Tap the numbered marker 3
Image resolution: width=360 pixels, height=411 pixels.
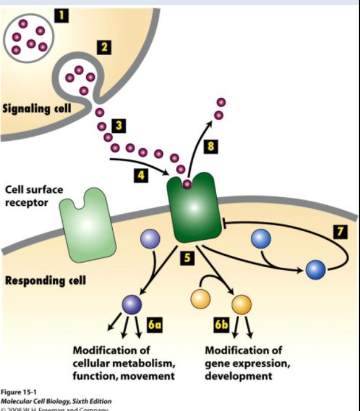pos(118,125)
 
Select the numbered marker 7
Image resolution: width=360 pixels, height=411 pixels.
pos(342,231)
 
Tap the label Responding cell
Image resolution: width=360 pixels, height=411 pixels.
pos(45,282)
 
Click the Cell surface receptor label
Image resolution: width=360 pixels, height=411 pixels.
pos(34,197)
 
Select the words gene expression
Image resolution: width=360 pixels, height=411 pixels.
pos(242,363)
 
